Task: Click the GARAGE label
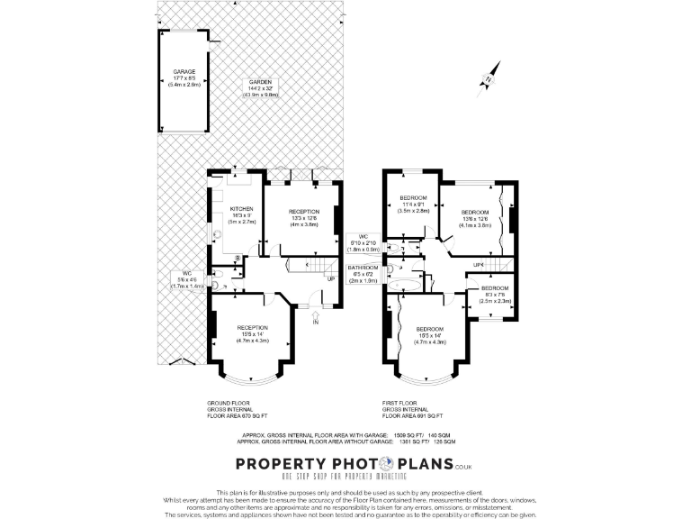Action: pos(184,77)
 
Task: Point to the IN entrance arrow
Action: pos(315,320)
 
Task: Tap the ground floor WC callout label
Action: pos(186,278)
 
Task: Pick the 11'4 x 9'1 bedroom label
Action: pos(413,204)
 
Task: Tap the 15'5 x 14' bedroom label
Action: pos(429,336)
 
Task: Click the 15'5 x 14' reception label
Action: pos(253,333)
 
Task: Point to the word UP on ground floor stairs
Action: pos(331,279)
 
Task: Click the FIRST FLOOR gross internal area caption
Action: pos(412,409)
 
